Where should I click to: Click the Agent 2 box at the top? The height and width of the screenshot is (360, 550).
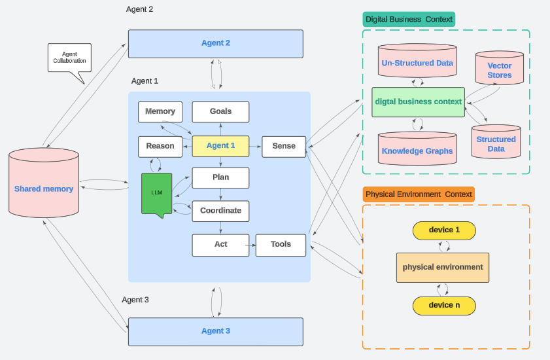(215, 43)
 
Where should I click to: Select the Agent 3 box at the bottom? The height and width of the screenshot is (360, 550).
(215, 331)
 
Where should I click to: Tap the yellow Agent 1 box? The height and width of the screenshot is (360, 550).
(220, 146)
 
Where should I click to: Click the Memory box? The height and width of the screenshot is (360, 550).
(160, 112)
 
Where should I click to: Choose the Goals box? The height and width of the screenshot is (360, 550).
(220, 112)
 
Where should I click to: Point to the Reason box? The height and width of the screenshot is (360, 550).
(160, 146)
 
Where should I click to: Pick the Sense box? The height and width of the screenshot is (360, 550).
(284, 146)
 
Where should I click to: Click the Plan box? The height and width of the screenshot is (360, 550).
(220, 177)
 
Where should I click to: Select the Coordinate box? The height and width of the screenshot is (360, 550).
(220, 211)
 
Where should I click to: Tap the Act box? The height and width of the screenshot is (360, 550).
(220, 245)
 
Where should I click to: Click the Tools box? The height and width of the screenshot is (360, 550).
(281, 245)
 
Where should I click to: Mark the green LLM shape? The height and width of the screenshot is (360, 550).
(156, 192)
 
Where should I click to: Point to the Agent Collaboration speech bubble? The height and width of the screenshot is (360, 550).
(69, 59)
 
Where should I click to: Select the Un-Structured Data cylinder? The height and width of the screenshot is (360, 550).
(417, 63)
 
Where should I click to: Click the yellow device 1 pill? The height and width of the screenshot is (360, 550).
(444, 230)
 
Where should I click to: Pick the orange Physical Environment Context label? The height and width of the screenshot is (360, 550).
(419, 194)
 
